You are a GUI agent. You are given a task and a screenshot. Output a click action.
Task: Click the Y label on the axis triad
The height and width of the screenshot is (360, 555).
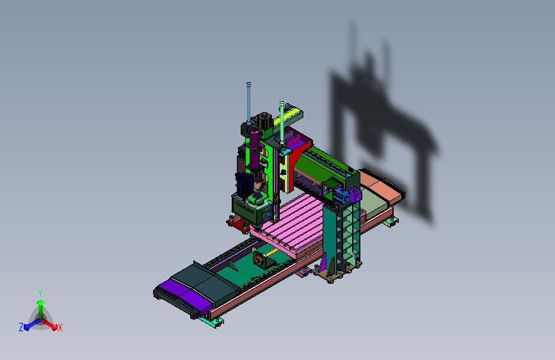pos(40,293)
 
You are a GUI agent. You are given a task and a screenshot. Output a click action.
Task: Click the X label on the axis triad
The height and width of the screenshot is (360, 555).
pos(60,327)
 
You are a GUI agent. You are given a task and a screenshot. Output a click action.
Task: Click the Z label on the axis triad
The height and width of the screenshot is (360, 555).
pos(21,327)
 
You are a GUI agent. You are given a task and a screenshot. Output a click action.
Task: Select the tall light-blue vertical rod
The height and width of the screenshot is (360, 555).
pos(248,103)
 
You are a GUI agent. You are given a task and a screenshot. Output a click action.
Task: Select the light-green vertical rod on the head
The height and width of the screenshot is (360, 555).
pos(282,122)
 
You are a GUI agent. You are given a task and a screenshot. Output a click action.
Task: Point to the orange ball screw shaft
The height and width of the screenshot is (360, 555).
pos(272,252)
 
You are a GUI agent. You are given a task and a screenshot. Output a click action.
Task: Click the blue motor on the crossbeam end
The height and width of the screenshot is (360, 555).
pos(341,195)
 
